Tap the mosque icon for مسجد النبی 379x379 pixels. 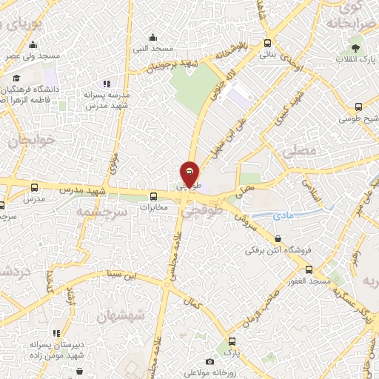152,37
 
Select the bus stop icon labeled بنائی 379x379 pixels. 268,42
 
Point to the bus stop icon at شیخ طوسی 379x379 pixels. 358,107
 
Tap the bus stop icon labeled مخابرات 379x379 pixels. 154,196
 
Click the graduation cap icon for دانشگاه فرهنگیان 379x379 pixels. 16,78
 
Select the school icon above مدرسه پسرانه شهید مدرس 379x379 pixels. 107,84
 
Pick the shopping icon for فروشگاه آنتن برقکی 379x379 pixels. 278,238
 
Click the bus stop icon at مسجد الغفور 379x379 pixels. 309,270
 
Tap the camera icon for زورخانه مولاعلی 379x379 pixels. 209,362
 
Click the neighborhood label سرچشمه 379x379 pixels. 101,212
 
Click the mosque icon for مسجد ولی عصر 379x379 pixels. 34,44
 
